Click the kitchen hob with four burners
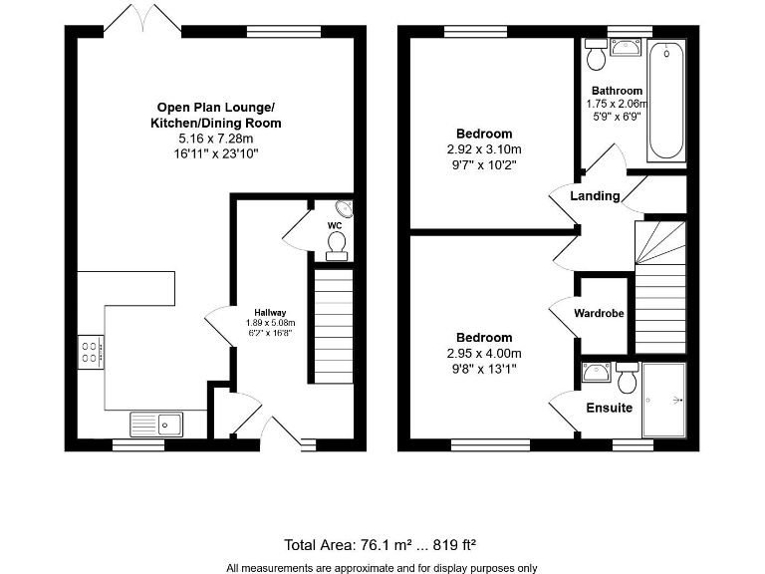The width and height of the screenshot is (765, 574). (91, 350)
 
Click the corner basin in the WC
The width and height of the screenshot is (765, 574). (344, 209)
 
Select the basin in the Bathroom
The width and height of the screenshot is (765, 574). (628, 47)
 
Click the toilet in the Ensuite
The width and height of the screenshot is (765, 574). (627, 378)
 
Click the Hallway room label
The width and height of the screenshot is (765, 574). (269, 311)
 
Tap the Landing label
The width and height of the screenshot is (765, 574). (595, 195)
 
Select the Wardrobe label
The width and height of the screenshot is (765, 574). (599, 314)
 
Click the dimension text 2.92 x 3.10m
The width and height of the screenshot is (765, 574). (484, 149)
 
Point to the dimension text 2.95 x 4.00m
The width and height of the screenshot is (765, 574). (484, 353)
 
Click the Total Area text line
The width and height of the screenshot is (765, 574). (381, 544)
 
